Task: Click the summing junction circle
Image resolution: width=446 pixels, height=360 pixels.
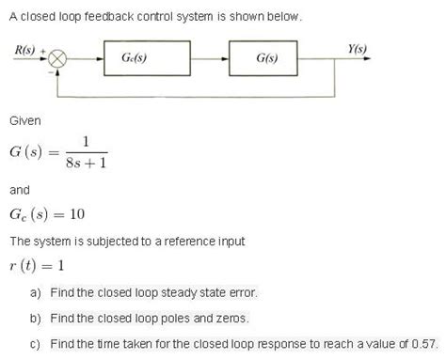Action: tap(58, 58)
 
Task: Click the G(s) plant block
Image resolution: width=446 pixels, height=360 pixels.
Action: tap(266, 58)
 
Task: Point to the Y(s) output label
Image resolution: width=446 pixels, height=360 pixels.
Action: tap(357, 48)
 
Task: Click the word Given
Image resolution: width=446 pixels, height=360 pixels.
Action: tap(24, 121)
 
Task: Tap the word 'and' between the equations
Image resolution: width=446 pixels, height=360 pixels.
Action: tap(19, 190)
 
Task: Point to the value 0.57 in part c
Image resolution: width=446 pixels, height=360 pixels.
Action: tap(425, 343)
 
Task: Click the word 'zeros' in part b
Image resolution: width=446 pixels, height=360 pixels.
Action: tap(232, 318)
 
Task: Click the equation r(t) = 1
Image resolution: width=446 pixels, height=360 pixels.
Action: tap(36, 265)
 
